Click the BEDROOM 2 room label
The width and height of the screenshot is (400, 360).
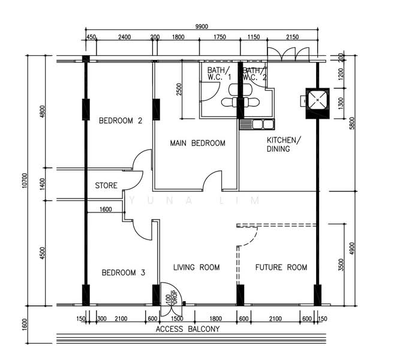[121, 120]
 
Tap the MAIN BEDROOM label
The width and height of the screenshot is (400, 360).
[197, 143]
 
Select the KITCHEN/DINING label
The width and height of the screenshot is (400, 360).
[281, 144]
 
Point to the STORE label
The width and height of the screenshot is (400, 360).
[106, 185]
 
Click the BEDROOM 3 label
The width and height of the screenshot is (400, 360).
[123, 272]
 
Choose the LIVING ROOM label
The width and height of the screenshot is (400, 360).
[196, 267]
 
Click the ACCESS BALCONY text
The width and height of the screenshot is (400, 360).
[188, 329]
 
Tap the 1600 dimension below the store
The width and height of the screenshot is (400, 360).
[106, 209]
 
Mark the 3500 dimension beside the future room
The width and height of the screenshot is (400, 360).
[341, 264]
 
